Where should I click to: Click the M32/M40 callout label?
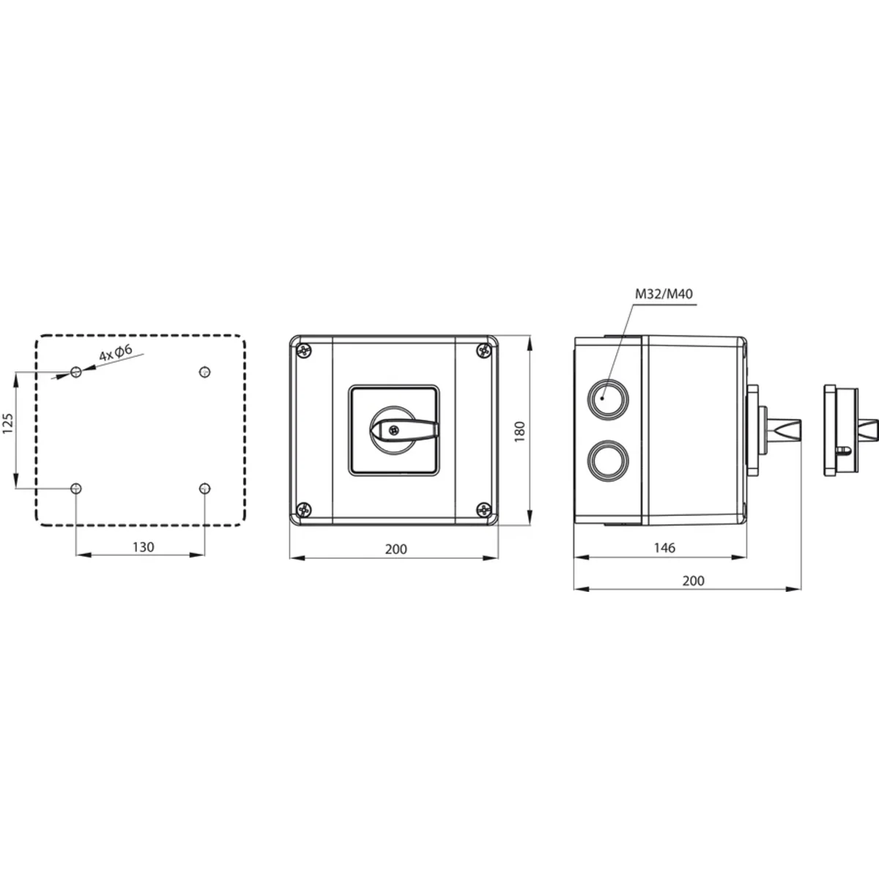coord(664,294)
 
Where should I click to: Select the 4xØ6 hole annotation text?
coord(116,352)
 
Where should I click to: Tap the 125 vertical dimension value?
coord(8,423)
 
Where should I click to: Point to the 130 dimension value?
coord(144,547)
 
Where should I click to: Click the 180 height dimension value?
coord(519,431)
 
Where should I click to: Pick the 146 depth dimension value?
coord(664,548)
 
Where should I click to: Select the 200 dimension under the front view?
coord(396,549)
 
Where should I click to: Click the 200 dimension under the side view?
coord(694,581)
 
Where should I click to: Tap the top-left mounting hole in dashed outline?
coord(76,372)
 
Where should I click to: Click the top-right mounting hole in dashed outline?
coord(205,372)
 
